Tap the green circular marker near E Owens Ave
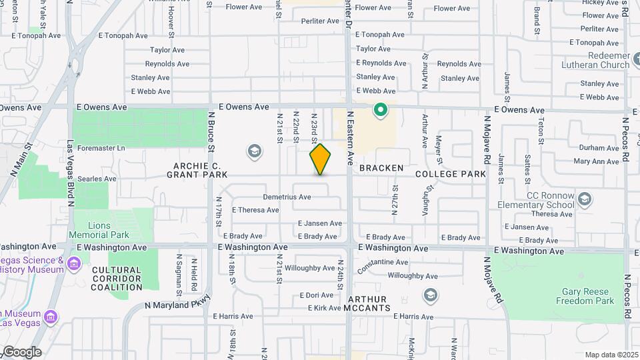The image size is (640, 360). point(381,109)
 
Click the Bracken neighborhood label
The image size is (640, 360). point(381,169)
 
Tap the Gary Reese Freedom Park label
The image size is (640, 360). point(578,296)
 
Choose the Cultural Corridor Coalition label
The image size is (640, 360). point(117,279)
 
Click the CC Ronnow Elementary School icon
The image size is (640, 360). point(585,199)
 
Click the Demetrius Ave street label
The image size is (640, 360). point(287,197)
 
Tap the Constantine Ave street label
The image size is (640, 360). point(383,263)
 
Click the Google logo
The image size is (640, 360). point(21,352)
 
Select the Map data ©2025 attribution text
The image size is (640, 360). point(611,355)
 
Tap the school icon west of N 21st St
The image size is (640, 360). point(253,152)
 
